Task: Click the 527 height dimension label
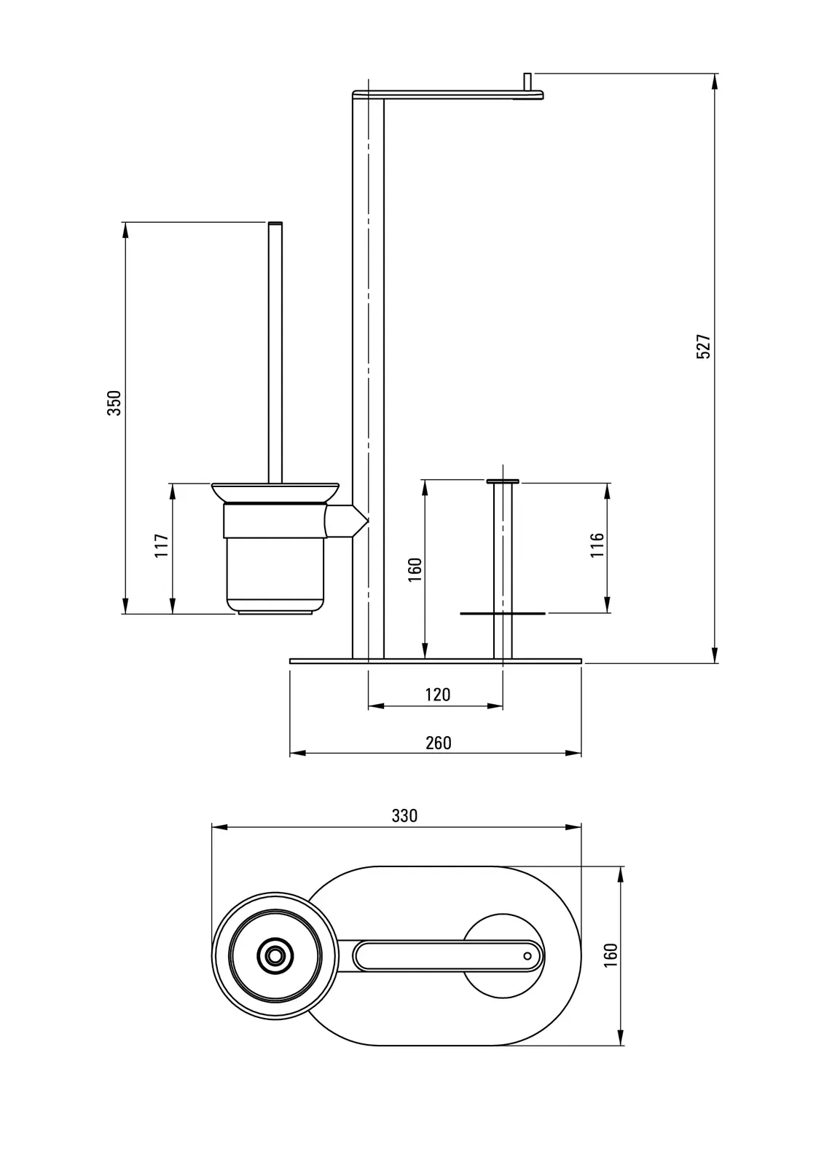point(703,347)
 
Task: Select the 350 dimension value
point(114,403)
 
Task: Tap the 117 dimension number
point(162,545)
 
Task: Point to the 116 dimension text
point(597,545)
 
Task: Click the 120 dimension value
point(437,695)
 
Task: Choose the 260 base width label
point(438,743)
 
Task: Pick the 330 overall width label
point(404,815)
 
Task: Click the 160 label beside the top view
point(611,955)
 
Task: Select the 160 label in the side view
point(415,569)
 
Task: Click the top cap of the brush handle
point(275,221)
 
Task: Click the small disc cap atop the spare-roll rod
point(503,481)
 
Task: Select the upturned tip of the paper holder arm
point(528,80)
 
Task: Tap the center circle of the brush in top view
point(275,955)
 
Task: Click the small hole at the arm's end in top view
point(527,955)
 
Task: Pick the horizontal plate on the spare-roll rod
point(503,614)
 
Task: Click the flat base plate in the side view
point(436,661)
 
